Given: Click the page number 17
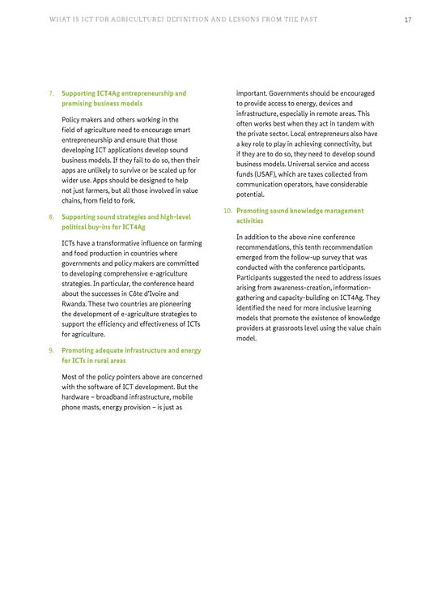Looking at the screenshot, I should point(408,19).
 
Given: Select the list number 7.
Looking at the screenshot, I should point(52,94).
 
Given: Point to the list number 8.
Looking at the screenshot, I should point(52,217).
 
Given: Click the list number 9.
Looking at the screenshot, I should point(52,350).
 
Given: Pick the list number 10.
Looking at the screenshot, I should point(227,211).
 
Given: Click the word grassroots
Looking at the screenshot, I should point(281,329).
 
